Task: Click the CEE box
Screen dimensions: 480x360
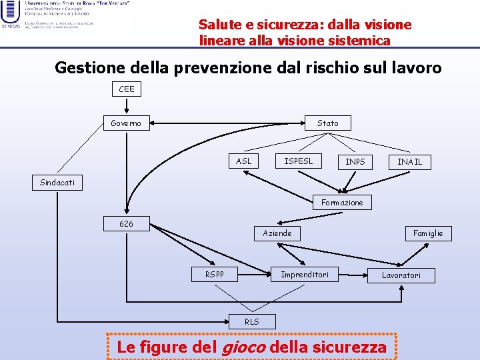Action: pos(126,89)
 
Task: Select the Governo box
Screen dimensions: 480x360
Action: pos(126,123)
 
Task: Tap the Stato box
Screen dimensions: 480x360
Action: pos(327,123)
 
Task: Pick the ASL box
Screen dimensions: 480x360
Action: pos(244,161)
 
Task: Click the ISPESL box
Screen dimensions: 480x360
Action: pos(298,161)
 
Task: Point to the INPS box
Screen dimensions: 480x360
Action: pos(355,161)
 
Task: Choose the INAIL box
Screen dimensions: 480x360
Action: pos(409,161)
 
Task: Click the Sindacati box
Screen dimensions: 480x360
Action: pos(57,182)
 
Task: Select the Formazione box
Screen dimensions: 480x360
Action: pos(342,202)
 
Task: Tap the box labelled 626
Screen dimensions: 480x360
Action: pos(126,223)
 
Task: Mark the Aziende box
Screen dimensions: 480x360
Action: pos(277,233)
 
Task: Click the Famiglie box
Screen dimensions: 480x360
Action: pos(427,233)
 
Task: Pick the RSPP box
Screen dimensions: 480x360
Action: pos(215,274)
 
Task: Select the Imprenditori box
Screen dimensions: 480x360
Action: pos(305,274)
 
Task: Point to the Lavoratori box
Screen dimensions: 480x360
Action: pos(401,275)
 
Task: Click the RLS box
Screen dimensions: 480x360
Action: pos(251,321)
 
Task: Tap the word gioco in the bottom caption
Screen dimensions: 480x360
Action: pos(242,347)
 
